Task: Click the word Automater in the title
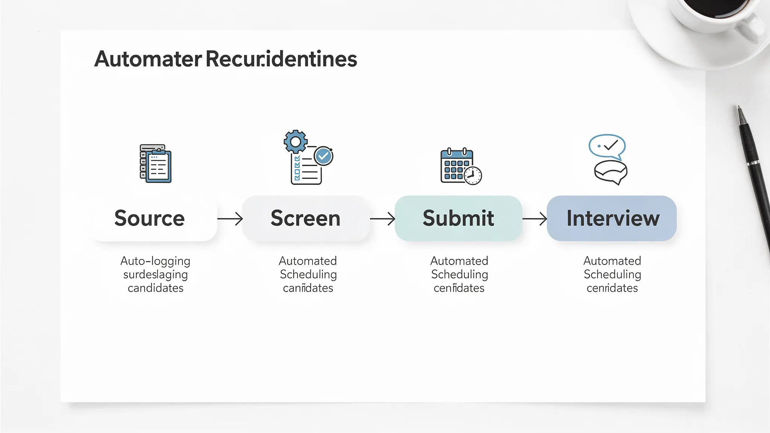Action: [x=148, y=59]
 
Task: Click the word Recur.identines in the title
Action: [x=281, y=59]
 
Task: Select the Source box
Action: [x=154, y=218]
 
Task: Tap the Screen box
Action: [x=305, y=218]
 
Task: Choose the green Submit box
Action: [x=458, y=218]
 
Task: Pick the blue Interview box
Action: [x=612, y=218]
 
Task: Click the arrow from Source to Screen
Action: [x=230, y=218]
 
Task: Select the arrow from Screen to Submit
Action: [x=382, y=218]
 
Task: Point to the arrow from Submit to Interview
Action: [x=535, y=218]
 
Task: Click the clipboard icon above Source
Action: [x=156, y=164]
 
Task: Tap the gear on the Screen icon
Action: [x=296, y=142]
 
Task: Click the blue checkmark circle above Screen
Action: [x=323, y=156]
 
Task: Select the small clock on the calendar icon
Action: [x=473, y=176]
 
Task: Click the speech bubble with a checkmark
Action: [x=607, y=146]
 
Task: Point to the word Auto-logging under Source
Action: [x=155, y=261]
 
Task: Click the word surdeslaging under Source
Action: [x=155, y=274]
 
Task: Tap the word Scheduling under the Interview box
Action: [x=612, y=274]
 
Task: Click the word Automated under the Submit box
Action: [x=459, y=261]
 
